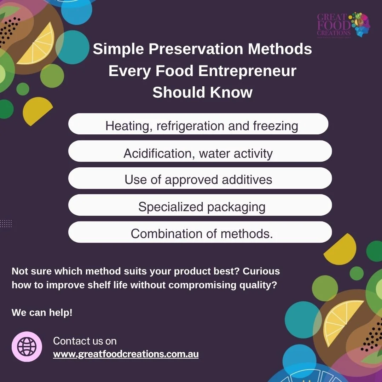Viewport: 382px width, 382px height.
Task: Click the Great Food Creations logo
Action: [343, 25]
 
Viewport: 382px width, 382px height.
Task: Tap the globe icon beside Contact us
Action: [27, 347]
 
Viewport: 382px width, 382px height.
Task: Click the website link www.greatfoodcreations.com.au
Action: [126, 354]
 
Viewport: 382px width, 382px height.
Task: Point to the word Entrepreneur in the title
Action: [247, 71]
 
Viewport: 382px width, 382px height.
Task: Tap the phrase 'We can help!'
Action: [42, 313]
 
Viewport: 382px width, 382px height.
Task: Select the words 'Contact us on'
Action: [85, 341]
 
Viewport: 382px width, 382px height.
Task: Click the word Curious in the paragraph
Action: [261, 271]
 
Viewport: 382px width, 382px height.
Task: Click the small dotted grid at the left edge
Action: [6, 224]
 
